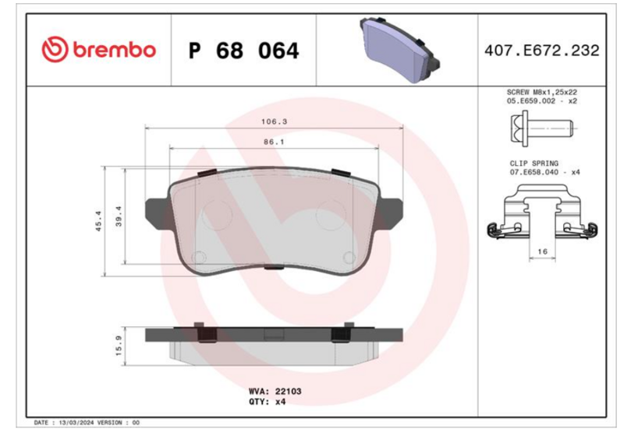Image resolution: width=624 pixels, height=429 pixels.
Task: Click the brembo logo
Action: pyautogui.click(x=99, y=50)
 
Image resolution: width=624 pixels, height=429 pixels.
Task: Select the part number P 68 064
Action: pyautogui.click(x=243, y=51)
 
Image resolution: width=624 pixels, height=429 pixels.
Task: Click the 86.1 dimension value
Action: pyautogui.click(x=273, y=142)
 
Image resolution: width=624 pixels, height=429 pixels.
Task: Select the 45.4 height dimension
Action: pyautogui.click(x=97, y=221)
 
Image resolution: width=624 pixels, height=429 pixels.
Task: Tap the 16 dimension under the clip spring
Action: pyautogui.click(x=544, y=251)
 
